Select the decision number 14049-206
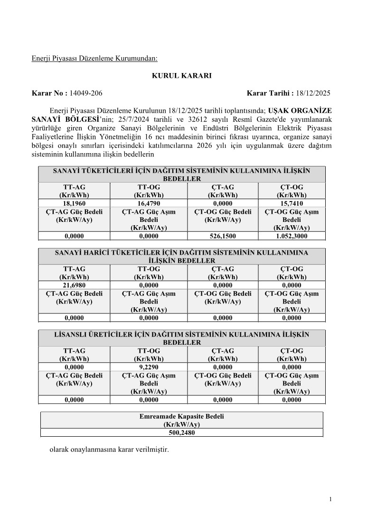[86, 93]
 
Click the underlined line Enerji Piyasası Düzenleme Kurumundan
[94, 59]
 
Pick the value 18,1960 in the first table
[74, 203]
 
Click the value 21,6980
[74, 285]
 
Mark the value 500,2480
[182, 432]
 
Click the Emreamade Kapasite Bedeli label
[182, 416]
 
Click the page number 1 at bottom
[330, 499]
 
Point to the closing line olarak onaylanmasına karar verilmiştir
[109, 449]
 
